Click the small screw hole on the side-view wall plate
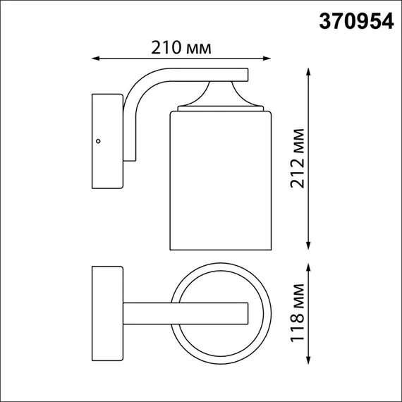99,141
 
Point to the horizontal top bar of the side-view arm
205,73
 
